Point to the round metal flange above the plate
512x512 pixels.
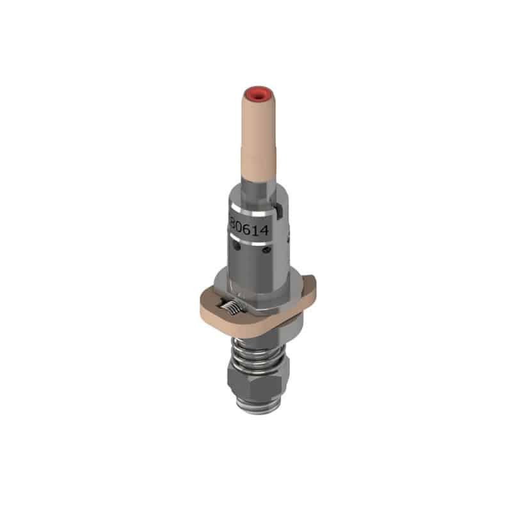256,282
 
